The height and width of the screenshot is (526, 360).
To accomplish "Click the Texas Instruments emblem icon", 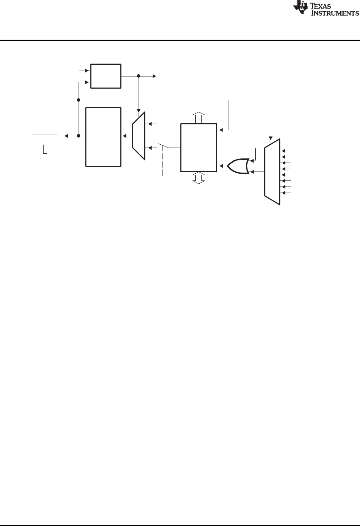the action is [x=300, y=8].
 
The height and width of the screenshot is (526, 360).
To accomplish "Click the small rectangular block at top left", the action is [x=106, y=76].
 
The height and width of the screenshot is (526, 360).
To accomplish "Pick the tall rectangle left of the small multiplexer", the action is [x=103, y=137].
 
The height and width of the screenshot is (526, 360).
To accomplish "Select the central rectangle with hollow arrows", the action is [x=199, y=148].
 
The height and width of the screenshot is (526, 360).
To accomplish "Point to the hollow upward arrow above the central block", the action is [x=199, y=118].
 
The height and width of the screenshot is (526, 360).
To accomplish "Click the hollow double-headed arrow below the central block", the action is [x=199, y=178].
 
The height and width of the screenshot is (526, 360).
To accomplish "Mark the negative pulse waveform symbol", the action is [x=45, y=149].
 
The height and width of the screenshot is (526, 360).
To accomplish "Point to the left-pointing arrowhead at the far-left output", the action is [x=66, y=136].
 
